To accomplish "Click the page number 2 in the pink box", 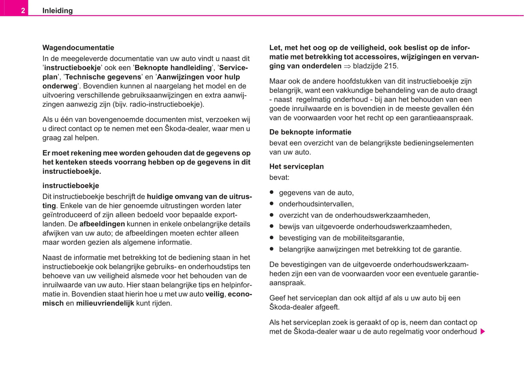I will click(x=23, y=11).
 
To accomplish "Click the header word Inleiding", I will click(x=57, y=11).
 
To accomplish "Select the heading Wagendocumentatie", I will click(x=78, y=48).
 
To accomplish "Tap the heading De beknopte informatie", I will click(x=310, y=132).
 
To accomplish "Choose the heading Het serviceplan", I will click(x=296, y=167).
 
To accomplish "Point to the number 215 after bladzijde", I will click(x=390, y=66).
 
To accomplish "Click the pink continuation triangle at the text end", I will click(x=483, y=332).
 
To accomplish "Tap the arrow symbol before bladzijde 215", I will click(x=347, y=66).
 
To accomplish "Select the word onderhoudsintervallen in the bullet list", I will click(x=315, y=204).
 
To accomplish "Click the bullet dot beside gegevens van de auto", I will click(x=272, y=192).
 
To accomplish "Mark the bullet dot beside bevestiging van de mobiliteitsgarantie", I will click(x=272, y=238).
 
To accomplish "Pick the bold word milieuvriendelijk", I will click(x=105, y=303).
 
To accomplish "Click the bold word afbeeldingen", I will click(x=102, y=224).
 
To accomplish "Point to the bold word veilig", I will click(x=215, y=294).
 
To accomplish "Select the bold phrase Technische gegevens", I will click(x=103, y=77).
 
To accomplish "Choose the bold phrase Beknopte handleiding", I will click(x=173, y=68).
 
